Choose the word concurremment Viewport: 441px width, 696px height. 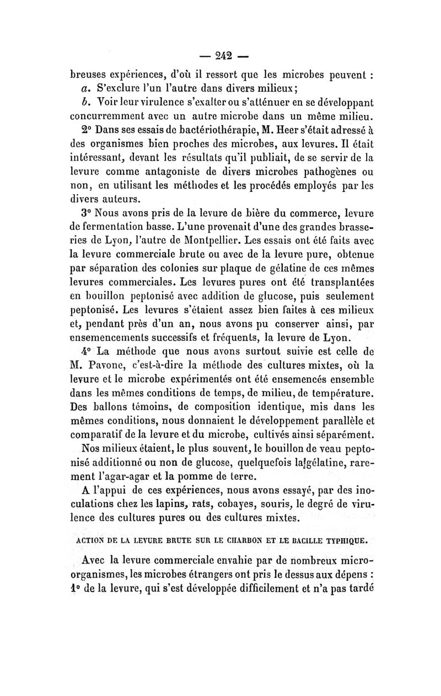(x=107, y=117)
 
